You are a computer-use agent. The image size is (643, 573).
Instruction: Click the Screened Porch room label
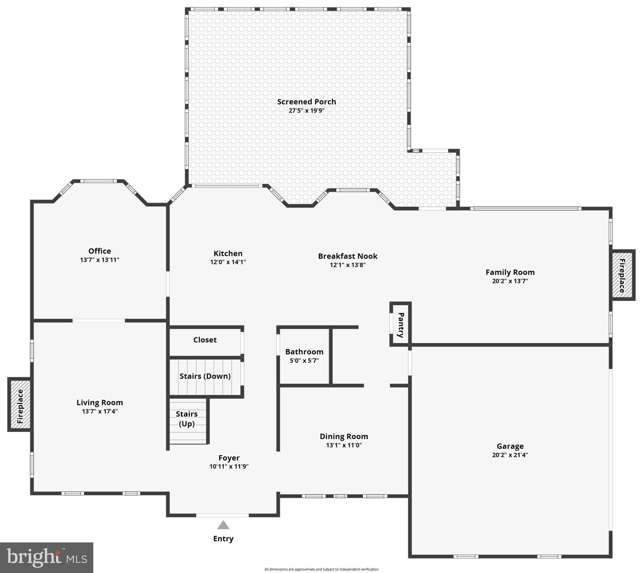point(306,102)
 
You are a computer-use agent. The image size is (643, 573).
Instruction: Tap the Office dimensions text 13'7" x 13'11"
point(99,260)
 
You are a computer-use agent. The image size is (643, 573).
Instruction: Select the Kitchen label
point(228,254)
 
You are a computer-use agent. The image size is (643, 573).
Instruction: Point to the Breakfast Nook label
point(347,256)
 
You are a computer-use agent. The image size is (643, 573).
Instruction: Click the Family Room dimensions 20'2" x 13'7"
point(510,281)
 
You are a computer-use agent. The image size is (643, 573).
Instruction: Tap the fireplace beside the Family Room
point(622,275)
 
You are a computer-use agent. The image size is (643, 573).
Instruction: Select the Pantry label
point(401,325)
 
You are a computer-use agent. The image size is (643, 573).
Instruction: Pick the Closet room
point(205,340)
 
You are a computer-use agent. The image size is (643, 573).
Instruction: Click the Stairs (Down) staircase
point(205,376)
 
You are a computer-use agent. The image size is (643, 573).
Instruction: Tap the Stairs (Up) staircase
point(187,419)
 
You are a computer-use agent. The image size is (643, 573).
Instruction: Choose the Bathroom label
point(304,352)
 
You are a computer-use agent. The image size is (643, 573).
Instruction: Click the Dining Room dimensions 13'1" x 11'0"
point(344,445)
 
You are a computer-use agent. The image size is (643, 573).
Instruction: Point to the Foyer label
point(229,458)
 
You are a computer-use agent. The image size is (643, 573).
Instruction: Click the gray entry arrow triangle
point(223,525)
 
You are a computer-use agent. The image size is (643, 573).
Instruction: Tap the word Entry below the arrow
point(223,539)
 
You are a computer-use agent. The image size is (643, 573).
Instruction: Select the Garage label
point(510,446)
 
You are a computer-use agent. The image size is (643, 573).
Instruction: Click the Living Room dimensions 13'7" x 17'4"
point(100,411)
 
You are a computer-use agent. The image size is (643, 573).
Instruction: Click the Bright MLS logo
point(47,557)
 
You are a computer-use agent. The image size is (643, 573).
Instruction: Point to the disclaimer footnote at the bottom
point(321,569)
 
